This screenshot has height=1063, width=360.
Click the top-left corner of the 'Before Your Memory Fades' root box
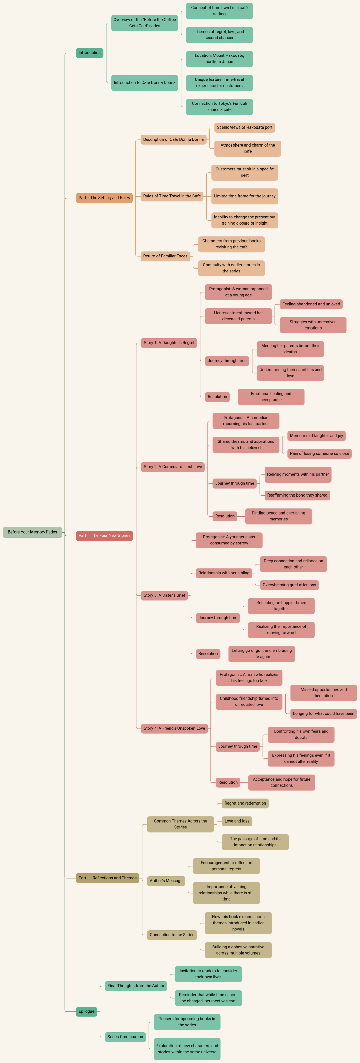tap(3, 527)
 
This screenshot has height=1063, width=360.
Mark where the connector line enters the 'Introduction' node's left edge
tap(76, 53)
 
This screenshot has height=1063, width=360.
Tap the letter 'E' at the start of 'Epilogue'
tap(80, 1011)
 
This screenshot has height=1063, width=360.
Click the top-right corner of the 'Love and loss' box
tap(252, 816)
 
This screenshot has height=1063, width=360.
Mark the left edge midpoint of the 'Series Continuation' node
tap(105, 1037)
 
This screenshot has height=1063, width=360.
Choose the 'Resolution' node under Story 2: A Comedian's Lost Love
tap(225, 516)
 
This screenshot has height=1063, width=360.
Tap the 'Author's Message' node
tap(166, 881)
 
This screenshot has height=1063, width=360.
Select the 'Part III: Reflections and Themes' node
tap(107, 878)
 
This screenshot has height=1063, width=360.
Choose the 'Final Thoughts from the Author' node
tap(136, 986)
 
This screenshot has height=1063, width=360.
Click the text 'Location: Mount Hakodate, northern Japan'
tap(219, 59)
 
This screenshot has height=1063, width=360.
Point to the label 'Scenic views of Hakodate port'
tap(244, 128)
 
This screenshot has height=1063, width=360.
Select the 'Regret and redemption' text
tap(245, 803)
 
